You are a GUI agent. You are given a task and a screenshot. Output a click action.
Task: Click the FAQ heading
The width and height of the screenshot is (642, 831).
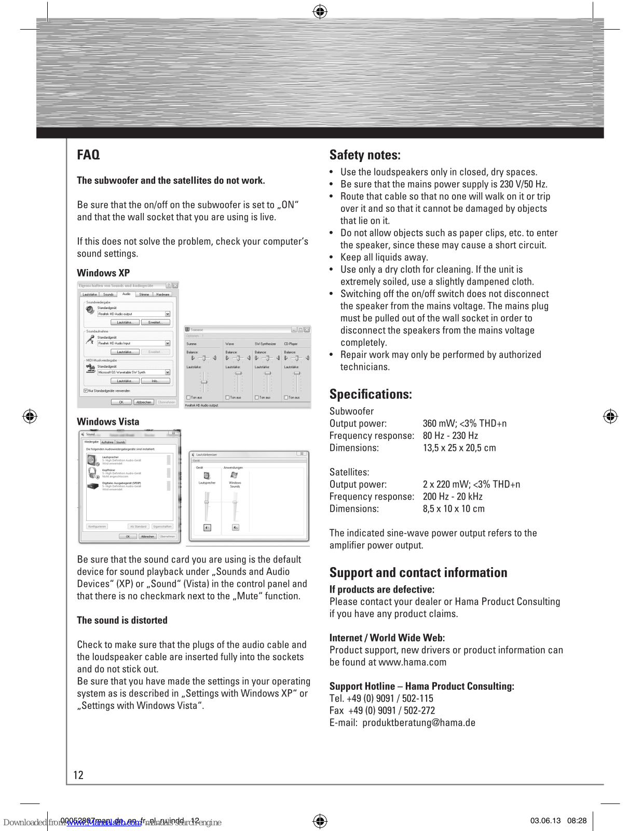(x=88, y=155)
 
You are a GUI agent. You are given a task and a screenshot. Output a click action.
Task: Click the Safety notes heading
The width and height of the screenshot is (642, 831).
(x=365, y=155)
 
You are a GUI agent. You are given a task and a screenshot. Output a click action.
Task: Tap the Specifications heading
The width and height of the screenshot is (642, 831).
(x=371, y=394)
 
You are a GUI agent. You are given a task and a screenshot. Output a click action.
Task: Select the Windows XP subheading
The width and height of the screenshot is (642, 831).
(x=103, y=273)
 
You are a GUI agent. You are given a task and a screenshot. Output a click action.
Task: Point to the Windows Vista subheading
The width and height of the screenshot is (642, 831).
(x=108, y=422)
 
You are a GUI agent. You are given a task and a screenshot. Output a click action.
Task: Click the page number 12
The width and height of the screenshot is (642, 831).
(x=78, y=775)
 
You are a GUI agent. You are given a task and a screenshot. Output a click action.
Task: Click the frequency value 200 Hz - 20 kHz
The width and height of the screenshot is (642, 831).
(x=453, y=497)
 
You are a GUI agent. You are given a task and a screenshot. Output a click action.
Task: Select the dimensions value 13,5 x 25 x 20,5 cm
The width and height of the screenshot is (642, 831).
(x=459, y=448)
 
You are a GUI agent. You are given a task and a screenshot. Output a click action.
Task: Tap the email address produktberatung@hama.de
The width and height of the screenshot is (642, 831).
(x=419, y=722)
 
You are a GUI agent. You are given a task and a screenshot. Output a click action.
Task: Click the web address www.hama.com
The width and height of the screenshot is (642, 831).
(x=413, y=662)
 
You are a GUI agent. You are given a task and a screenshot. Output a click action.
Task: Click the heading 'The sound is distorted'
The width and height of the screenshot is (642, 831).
(x=122, y=620)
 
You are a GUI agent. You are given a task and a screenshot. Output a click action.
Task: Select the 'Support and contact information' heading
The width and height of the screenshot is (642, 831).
(x=418, y=573)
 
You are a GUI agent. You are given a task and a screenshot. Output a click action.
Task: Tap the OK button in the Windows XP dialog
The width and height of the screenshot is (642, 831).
(x=121, y=402)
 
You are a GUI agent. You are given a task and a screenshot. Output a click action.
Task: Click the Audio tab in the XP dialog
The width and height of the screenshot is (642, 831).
(x=126, y=294)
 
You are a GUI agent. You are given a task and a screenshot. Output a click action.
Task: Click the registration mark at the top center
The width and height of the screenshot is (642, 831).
(x=320, y=11)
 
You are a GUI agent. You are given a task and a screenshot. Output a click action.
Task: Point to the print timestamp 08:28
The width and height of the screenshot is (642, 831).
(x=577, y=821)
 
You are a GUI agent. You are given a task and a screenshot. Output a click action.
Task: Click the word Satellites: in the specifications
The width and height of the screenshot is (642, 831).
(x=349, y=472)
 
